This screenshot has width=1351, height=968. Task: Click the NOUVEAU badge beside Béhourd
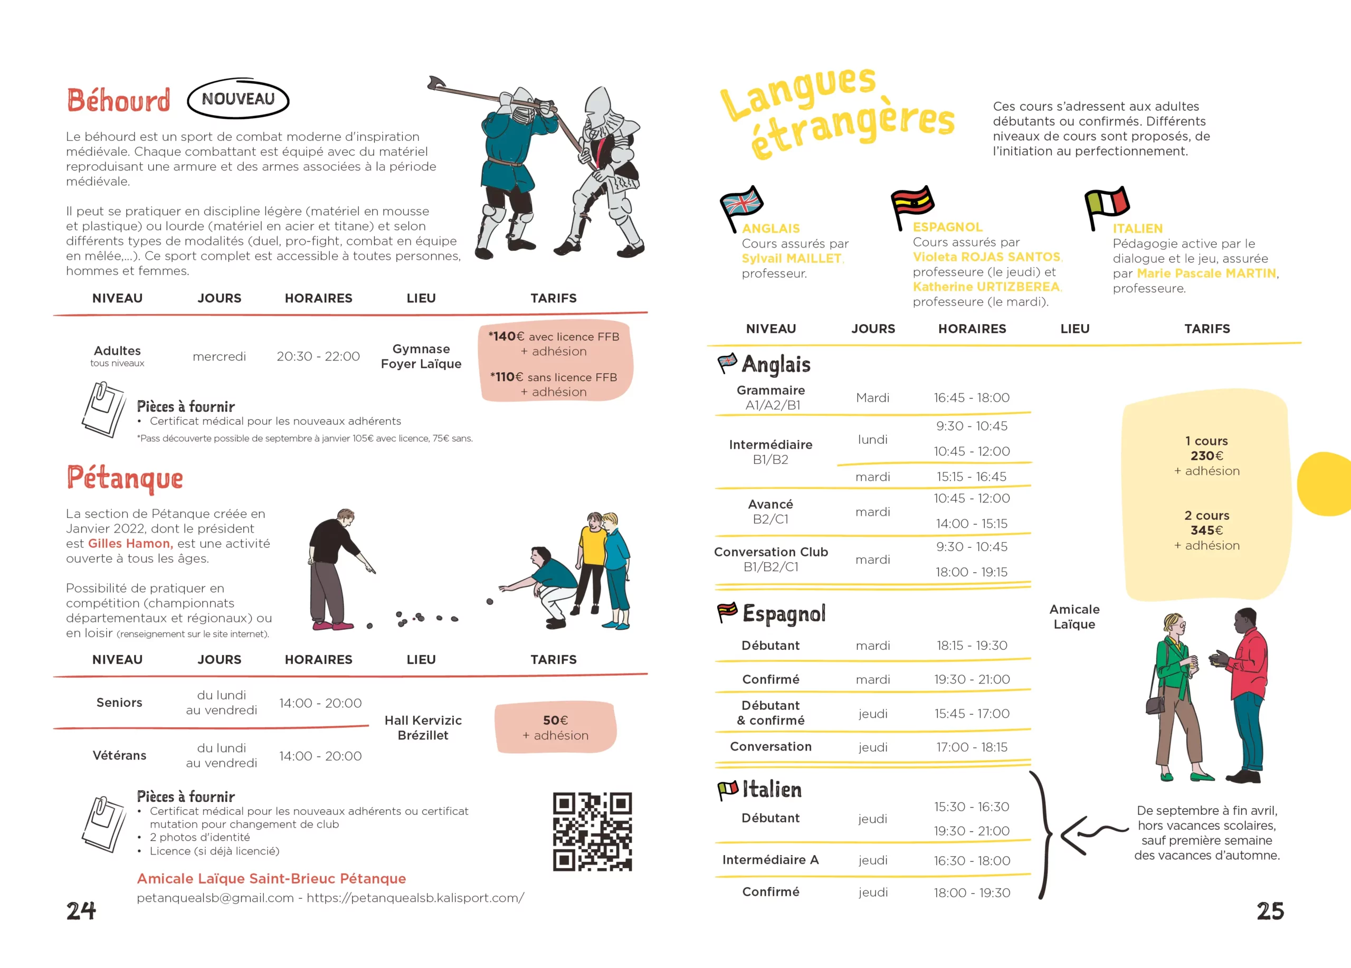tap(237, 99)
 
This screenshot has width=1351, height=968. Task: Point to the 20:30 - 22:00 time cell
tap(318, 356)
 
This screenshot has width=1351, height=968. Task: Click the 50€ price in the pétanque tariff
tap(555, 720)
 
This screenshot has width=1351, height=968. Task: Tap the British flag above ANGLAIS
tap(742, 204)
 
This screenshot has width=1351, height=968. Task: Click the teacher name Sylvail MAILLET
tap(792, 259)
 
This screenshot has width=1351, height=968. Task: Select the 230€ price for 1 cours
tap(1206, 455)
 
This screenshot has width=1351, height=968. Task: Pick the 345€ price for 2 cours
tap(1206, 530)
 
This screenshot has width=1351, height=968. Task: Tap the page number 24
tap(81, 911)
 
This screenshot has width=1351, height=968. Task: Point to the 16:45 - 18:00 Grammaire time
tap(972, 397)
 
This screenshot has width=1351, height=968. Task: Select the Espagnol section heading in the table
tap(783, 613)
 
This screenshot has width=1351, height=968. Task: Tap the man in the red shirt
tap(1246, 691)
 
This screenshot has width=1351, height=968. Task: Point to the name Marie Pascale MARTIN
tap(1206, 273)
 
